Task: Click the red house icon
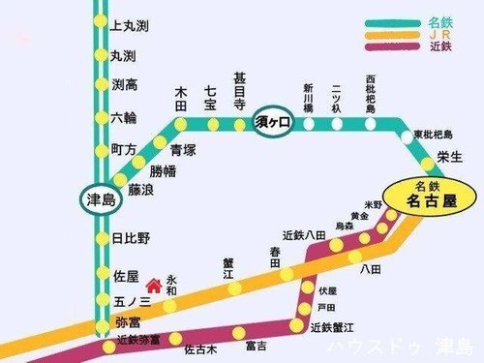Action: point(152,286)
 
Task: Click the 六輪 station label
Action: point(124,117)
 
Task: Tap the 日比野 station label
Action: point(131,238)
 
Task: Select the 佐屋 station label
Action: point(126,276)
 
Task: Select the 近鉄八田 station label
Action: point(300,234)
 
